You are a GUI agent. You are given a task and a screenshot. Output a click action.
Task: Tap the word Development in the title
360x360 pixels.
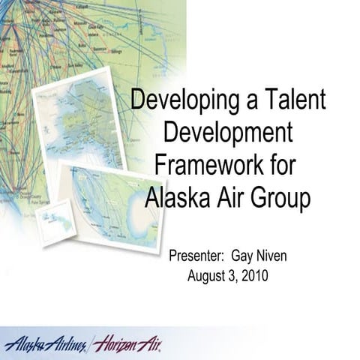[x=227, y=133]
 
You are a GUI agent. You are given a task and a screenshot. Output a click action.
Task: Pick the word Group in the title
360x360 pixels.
[x=280, y=198]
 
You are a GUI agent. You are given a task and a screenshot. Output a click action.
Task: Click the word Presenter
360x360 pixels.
[x=198, y=256]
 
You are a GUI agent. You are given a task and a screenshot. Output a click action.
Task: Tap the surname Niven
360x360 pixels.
[x=274, y=256]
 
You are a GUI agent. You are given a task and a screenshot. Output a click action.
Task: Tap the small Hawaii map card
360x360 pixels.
[x=53, y=223]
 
